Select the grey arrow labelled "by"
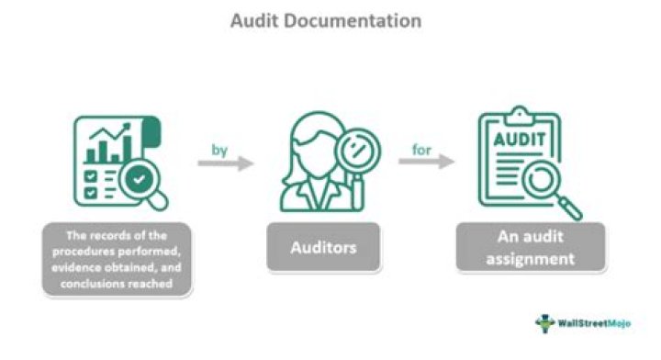pyautogui.click(x=225, y=163)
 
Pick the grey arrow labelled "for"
pyautogui.click(x=426, y=163)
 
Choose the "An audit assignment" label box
pyautogui.click(x=530, y=246)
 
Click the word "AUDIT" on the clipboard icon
pyautogui.click(x=519, y=145)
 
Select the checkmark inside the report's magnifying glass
pyautogui.click(x=140, y=180)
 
